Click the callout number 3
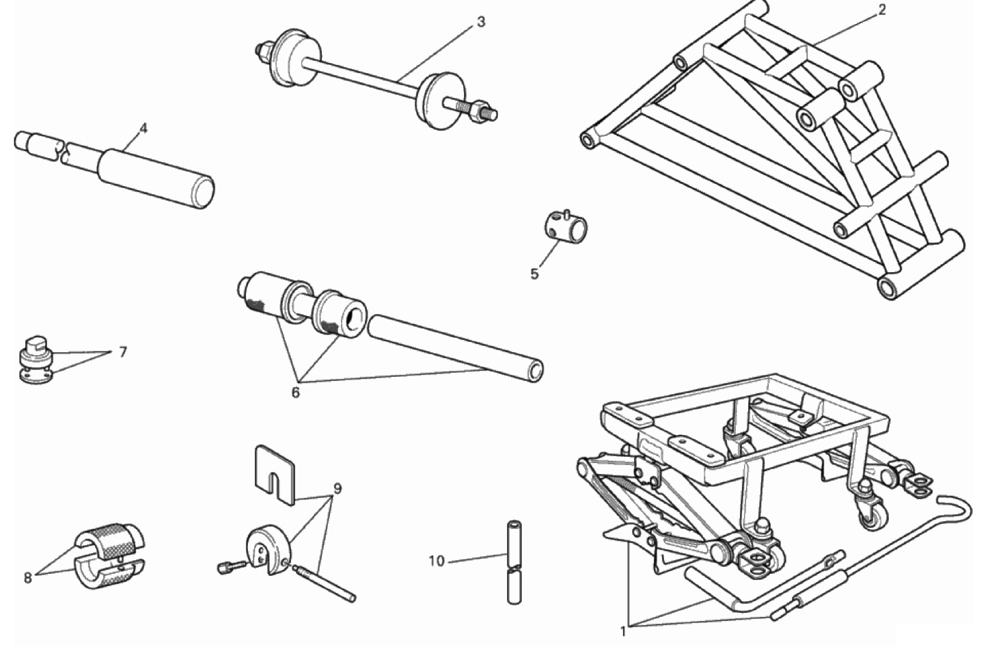(x=481, y=22)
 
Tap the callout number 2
(x=882, y=10)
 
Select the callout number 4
(x=143, y=129)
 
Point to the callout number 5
(x=534, y=274)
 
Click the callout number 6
(x=295, y=393)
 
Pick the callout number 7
(x=123, y=352)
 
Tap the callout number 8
(x=27, y=578)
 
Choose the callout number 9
(x=337, y=489)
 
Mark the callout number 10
(x=436, y=561)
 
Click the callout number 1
(x=623, y=632)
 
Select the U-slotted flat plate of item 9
(x=275, y=474)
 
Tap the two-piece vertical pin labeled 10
(x=514, y=562)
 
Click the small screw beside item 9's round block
(x=232, y=566)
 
